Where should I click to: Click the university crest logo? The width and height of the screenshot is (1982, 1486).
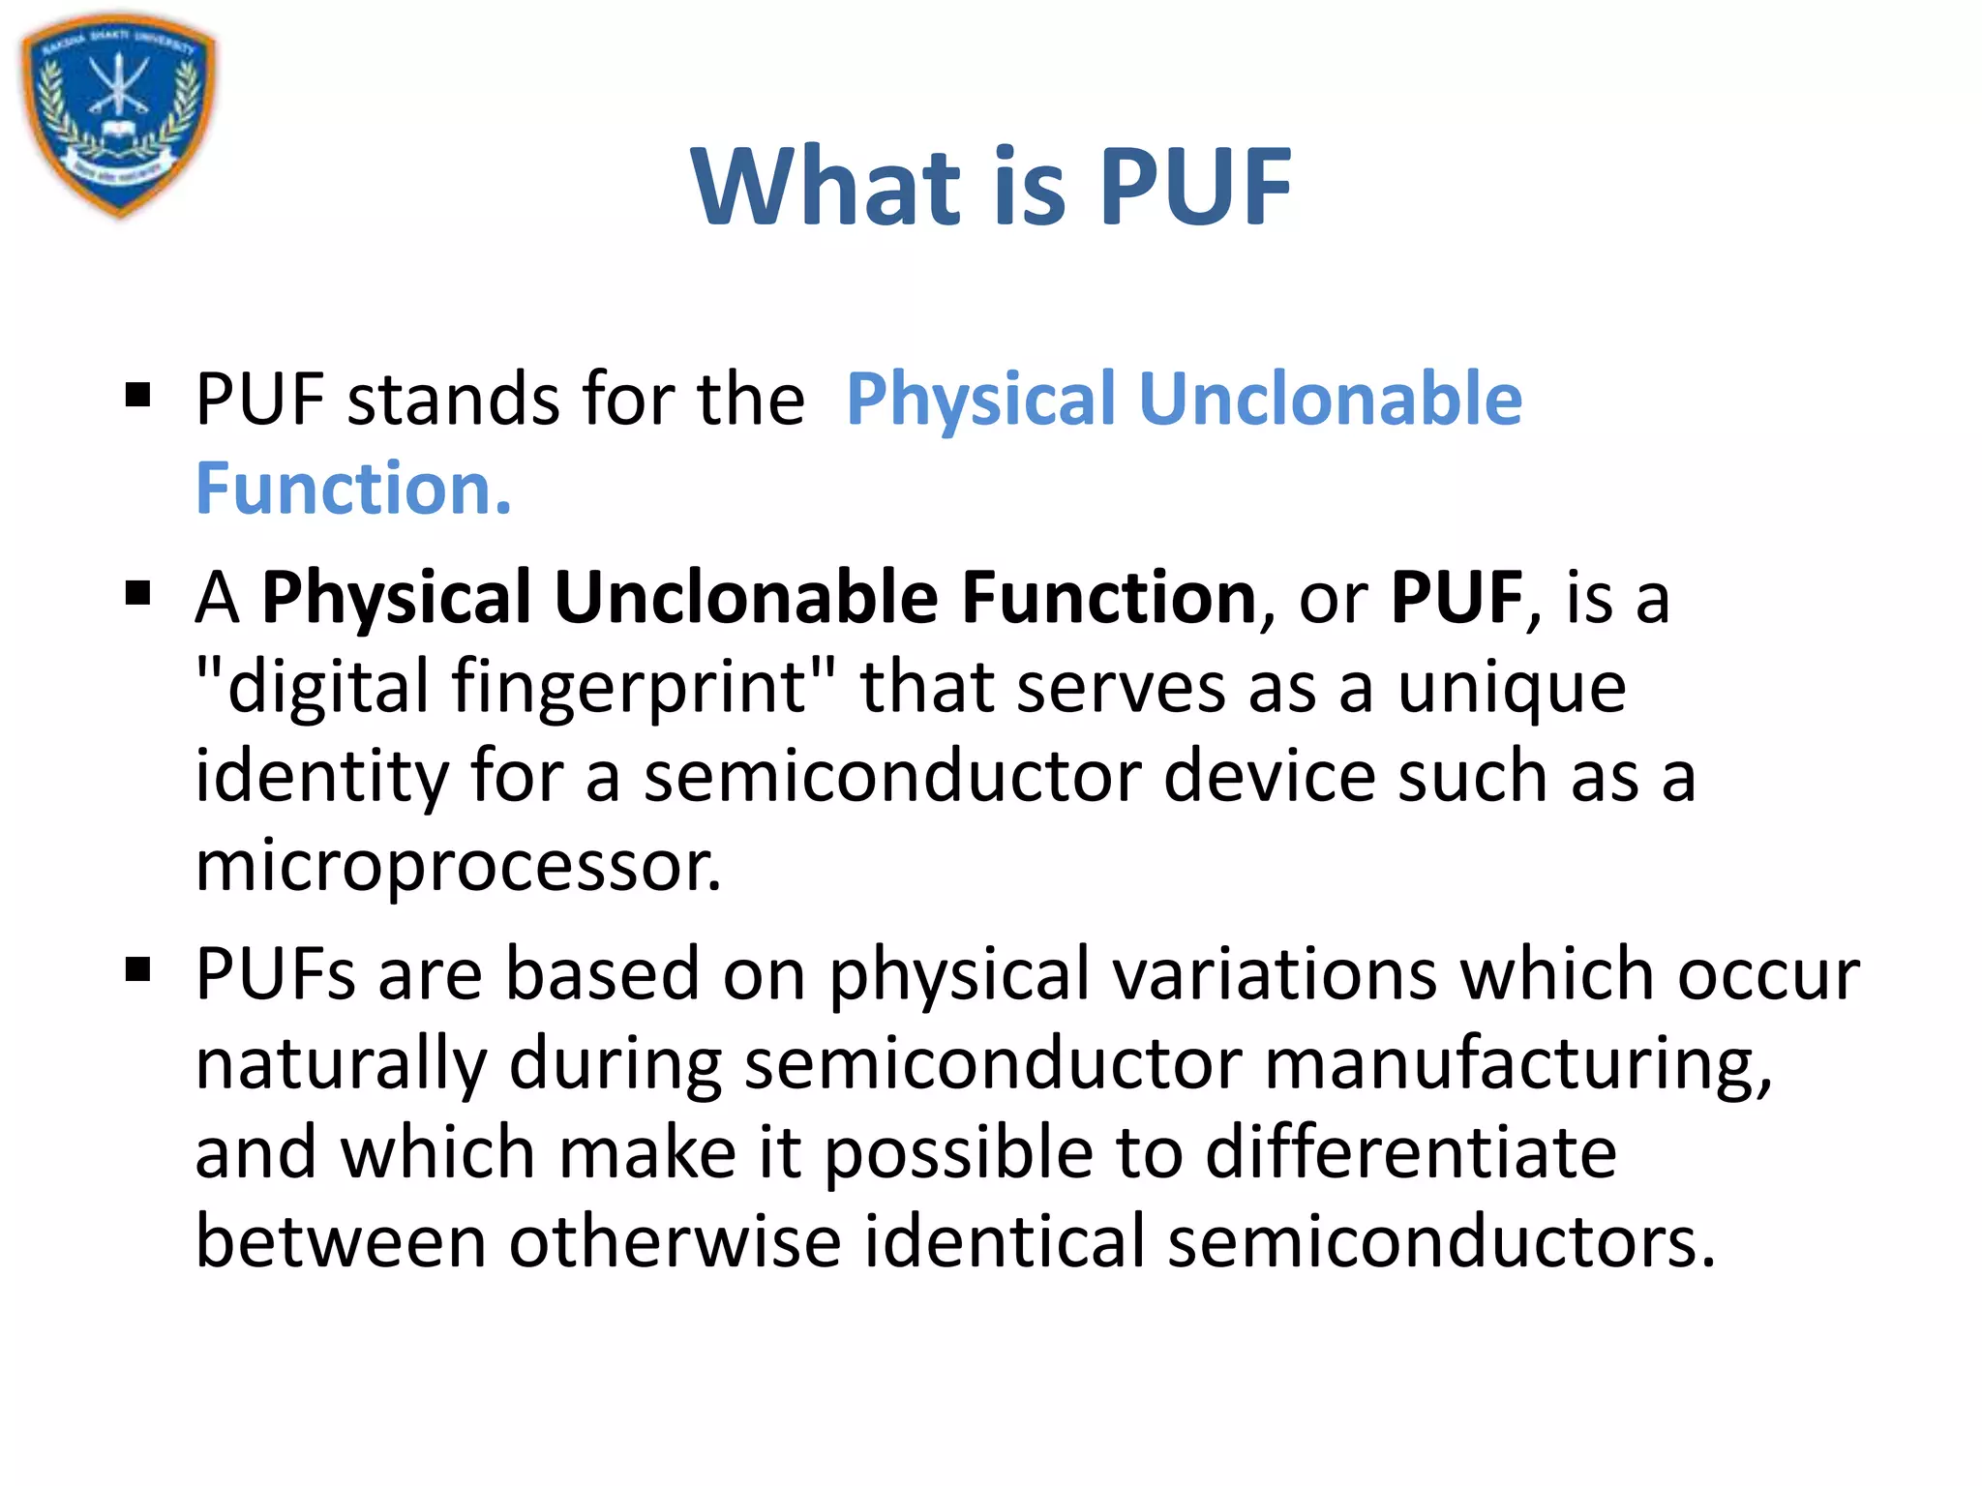point(118,114)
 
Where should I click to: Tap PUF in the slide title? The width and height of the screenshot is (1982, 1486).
point(1194,186)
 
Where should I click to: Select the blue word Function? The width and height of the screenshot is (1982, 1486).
point(353,489)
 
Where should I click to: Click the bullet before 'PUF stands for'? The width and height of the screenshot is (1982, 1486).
point(138,395)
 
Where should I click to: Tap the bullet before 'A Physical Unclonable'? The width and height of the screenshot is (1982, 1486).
point(138,593)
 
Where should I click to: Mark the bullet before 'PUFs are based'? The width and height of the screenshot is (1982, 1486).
point(138,968)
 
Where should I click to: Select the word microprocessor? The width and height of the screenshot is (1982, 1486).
point(458,866)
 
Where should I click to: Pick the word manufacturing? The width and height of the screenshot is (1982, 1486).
point(1518,1064)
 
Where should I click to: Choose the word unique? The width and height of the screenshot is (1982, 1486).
point(1512,688)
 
